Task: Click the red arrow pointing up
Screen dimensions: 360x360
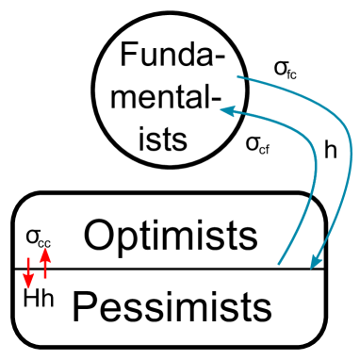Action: point(44,263)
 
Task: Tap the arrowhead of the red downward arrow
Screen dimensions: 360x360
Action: point(28,282)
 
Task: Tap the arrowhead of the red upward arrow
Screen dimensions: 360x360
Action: point(44,254)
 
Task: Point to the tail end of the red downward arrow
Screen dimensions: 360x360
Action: point(28,257)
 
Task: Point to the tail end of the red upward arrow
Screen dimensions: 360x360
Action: point(44,278)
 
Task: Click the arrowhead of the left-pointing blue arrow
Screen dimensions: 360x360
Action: point(227,111)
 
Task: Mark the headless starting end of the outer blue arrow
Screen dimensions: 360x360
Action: point(237,76)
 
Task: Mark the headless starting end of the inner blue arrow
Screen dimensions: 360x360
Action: point(279,264)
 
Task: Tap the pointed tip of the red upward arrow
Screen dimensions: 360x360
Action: point(44,247)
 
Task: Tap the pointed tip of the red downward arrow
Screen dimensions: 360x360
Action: point(28,288)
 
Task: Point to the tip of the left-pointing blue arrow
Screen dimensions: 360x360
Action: point(221,110)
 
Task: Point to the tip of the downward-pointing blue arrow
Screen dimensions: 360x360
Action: point(313,270)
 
